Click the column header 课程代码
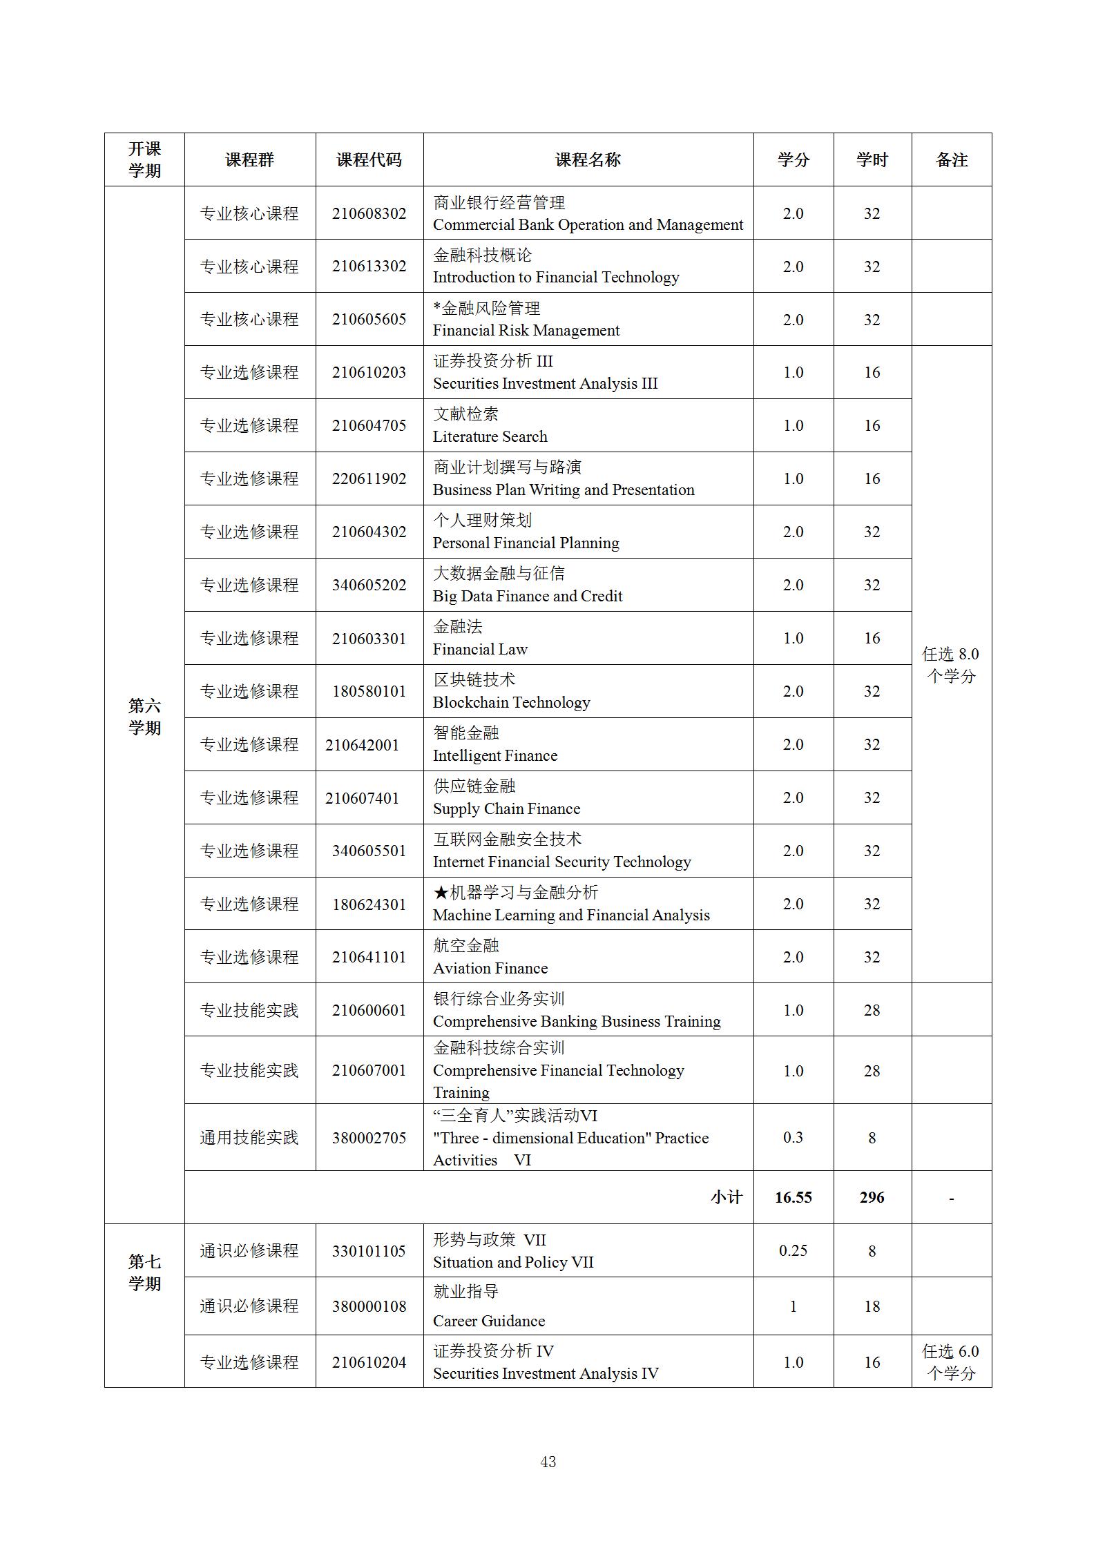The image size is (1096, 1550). (369, 160)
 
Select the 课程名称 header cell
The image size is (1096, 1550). (588, 160)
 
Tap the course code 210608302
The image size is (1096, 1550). (369, 213)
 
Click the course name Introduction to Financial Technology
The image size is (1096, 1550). (556, 278)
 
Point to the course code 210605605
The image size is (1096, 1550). (369, 320)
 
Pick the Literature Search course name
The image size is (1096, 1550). (490, 436)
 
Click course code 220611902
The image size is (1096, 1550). (369, 478)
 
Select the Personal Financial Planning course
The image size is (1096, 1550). (526, 543)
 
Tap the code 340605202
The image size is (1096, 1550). (369, 585)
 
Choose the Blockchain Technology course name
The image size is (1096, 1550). (511, 702)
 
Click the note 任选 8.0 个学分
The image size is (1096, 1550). (951, 665)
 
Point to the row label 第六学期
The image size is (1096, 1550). (144, 717)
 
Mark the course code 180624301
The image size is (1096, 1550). (369, 904)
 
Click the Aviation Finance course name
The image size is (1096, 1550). (490, 968)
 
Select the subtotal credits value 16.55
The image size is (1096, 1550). (793, 1197)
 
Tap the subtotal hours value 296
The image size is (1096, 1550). (872, 1197)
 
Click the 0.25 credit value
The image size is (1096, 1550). (793, 1250)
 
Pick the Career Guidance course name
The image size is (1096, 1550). (488, 1321)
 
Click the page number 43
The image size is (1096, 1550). (548, 1462)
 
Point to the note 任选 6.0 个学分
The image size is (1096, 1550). (951, 1362)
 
